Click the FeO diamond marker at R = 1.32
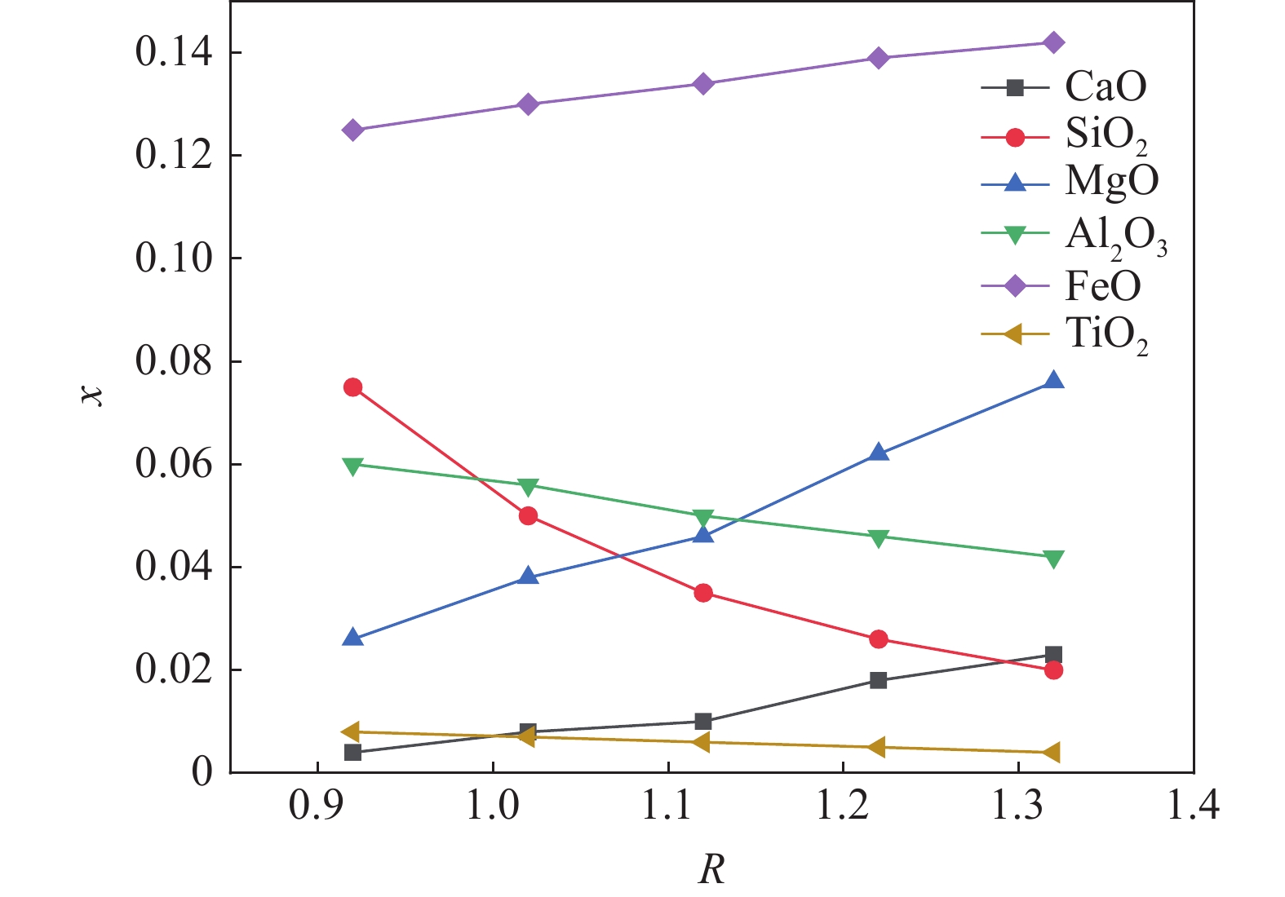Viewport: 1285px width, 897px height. tap(1053, 42)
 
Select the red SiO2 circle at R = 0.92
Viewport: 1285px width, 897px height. tap(352, 387)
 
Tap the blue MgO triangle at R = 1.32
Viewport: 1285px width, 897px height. tap(1053, 381)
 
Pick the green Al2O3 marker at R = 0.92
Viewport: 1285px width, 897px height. tap(352, 466)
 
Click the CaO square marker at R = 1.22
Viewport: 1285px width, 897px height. tap(878, 680)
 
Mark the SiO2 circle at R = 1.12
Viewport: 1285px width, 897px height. tap(703, 593)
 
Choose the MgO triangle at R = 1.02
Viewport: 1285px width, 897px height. tap(528, 577)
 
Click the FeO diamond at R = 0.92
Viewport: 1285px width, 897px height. tap(352, 130)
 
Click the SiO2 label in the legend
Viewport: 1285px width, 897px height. tap(1106, 135)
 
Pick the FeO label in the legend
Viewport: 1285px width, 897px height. tap(1102, 286)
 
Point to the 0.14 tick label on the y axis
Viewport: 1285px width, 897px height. tap(174, 53)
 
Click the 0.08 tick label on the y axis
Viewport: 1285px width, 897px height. tap(174, 361)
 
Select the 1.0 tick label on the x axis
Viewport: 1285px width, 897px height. tap(493, 806)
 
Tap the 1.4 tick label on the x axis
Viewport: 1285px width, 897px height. tap(1193, 806)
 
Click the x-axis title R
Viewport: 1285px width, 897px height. tap(711, 870)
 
